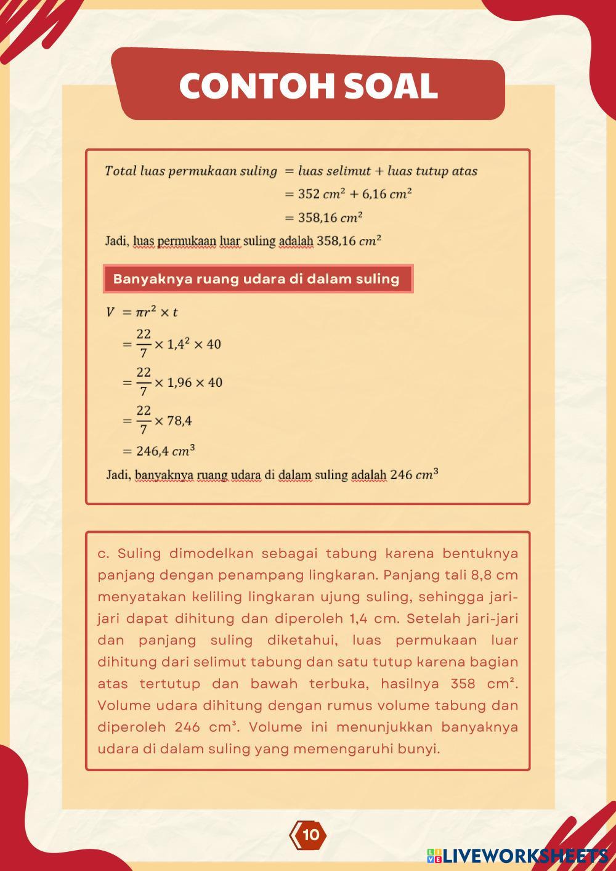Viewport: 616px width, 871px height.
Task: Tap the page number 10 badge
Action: (310, 835)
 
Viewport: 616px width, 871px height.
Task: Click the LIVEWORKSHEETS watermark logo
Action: (517, 855)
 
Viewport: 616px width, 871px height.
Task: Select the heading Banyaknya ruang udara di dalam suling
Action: (257, 279)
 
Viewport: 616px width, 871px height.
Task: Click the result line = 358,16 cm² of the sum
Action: (323, 217)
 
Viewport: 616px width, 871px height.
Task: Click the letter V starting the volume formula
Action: (110, 312)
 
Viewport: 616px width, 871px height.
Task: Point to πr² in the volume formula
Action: (145, 312)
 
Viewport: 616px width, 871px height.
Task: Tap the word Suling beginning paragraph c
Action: (139, 554)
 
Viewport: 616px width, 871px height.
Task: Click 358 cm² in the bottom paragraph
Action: (483, 684)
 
